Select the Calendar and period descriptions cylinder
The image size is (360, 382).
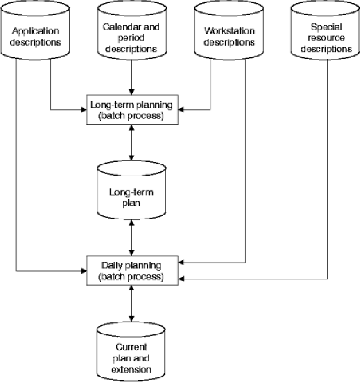coord(132,36)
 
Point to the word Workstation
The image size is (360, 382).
coord(229,31)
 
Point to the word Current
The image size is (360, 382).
coord(132,347)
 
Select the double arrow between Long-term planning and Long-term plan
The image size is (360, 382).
coord(133,142)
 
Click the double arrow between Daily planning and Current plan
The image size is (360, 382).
coord(133,303)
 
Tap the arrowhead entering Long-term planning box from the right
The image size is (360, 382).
coord(182,110)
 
